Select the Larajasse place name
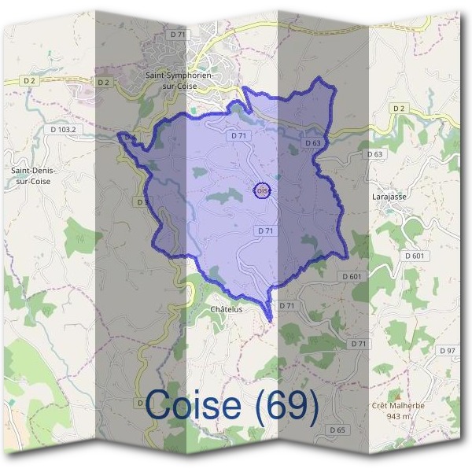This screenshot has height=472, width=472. pyautogui.click(x=389, y=197)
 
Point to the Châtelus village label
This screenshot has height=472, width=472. pyautogui.click(x=227, y=310)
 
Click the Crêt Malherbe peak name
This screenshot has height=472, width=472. pyautogui.click(x=398, y=405)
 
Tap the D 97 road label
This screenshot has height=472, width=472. pyautogui.click(x=448, y=350)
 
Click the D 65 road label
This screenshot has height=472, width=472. pyautogui.click(x=338, y=430)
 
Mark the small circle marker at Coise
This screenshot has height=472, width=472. pyautogui.click(x=263, y=190)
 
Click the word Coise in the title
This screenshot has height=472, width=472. pyautogui.click(x=194, y=405)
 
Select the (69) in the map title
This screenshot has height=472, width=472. pyautogui.click(x=286, y=405)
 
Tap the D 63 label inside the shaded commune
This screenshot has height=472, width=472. pyautogui.click(x=312, y=143)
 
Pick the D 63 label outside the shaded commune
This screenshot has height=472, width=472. pyautogui.click(x=374, y=154)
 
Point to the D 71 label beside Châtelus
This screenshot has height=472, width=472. pyautogui.click(x=286, y=305)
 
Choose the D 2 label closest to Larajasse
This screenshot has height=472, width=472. pyautogui.click(x=398, y=108)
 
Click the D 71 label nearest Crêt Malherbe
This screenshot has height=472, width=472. pyautogui.click(x=359, y=344)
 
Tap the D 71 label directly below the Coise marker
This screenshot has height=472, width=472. pyautogui.click(x=265, y=230)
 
